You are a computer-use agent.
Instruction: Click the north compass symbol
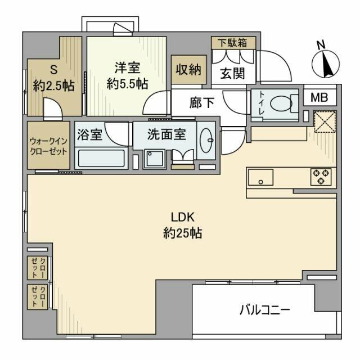pos(325,62)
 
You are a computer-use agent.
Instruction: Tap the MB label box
pos(319,97)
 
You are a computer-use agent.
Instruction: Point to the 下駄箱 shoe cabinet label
pos(233,42)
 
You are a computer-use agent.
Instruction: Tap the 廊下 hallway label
pos(200,104)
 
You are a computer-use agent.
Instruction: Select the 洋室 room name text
pos(128,68)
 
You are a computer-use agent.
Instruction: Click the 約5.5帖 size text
pos(128,83)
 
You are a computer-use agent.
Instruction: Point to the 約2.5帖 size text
pos(54,86)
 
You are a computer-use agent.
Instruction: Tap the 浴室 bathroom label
pos(90,135)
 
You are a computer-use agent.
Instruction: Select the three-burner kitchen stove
pos(321,177)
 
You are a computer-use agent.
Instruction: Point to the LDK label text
pos(183,217)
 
